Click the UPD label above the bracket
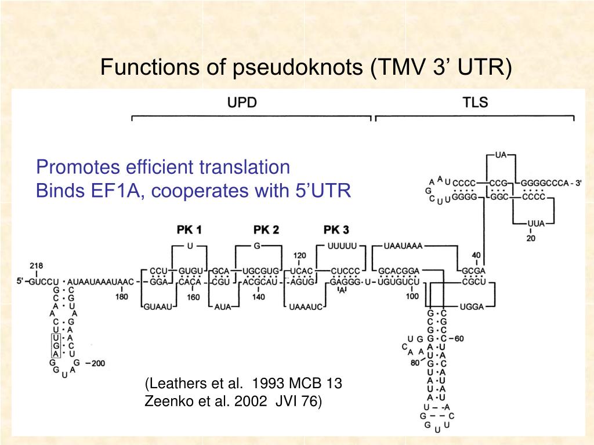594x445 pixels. [x=242, y=103]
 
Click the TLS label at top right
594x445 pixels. [x=475, y=103]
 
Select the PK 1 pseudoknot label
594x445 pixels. [x=189, y=230]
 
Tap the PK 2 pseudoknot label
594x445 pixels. [x=266, y=230]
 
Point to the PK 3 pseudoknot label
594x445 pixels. [x=336, y=230]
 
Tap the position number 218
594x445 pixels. [x=37, y=266]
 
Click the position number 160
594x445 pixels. [x=193, y=297]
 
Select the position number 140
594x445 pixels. [x=259, y=297]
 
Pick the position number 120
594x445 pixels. [x=299, y=256]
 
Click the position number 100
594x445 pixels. [x=412, y=297]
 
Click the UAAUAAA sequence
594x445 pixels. [x=403, y=246]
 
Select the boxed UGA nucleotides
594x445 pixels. [x=56, y=345]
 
